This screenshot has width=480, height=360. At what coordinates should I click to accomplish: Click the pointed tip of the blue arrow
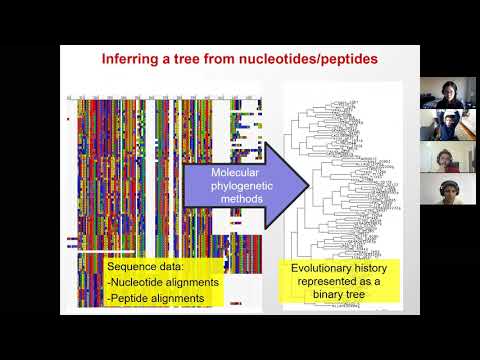click(x=307, y=187)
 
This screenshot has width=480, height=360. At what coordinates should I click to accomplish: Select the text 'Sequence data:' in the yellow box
click(x=147, y=268)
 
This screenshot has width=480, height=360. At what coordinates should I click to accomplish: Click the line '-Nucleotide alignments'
click(x=163, y=282)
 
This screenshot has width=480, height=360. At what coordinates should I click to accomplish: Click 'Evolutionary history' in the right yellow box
click(x=341, y=268)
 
